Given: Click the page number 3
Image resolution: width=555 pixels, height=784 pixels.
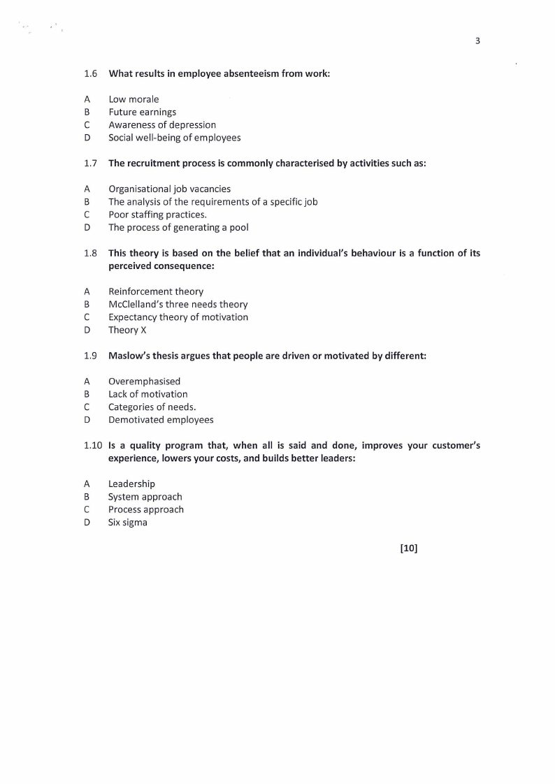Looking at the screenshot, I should (x=477, y=41).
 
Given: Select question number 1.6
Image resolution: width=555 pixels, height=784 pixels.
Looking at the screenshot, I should (x=90, y=73).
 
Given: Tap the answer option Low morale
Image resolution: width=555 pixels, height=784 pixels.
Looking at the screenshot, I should (x=134, y=99).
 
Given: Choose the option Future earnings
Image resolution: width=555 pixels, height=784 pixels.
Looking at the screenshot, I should (x=142, y=112).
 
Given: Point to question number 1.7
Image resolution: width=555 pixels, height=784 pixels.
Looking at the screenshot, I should (x=90, y=163).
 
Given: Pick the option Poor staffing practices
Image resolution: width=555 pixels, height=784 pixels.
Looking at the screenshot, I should (x=157, y=215).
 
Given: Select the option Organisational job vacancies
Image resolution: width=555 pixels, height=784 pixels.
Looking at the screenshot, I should (x=169, y=189).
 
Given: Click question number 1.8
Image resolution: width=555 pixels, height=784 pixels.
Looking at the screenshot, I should (x=90, y=253).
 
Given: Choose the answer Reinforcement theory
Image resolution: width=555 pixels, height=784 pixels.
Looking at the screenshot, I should (x=156, y=291).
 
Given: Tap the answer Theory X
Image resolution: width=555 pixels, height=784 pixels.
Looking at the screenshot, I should (x=127, y=330).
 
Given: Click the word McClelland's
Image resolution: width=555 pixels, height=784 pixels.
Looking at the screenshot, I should (x=136, y=304).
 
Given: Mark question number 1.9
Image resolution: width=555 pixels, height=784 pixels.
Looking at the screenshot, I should (x=90, y=356).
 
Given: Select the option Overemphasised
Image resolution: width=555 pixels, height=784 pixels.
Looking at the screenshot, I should (x=144, y=382).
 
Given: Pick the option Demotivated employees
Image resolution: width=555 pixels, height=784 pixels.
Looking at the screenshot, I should (x=161, y=420).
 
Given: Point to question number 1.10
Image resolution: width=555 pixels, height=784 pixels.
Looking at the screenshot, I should (x=93, y=445).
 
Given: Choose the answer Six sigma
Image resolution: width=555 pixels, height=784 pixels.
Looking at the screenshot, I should (x=127, y=522).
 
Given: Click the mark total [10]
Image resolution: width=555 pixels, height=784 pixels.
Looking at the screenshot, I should (x=408, y=549).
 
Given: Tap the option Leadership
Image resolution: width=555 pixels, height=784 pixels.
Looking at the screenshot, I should (x=131, y=484).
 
